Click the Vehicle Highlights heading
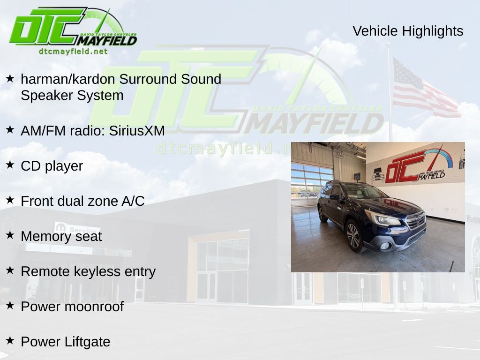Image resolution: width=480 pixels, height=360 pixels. point(408,31)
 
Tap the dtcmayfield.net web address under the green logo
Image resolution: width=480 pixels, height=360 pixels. point(73,51)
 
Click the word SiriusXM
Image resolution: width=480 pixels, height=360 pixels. point(137,131)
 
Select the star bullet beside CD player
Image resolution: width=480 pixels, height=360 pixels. point(10,165)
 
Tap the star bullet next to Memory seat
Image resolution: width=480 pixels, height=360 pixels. point(10,235)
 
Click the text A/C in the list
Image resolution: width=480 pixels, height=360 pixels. point(133,201)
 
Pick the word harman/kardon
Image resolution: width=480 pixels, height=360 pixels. point(67,79)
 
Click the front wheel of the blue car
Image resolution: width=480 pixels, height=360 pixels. point(353,236)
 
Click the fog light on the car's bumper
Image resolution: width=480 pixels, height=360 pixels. point(385,246)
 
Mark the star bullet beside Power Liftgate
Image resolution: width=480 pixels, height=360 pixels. point(10,340)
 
